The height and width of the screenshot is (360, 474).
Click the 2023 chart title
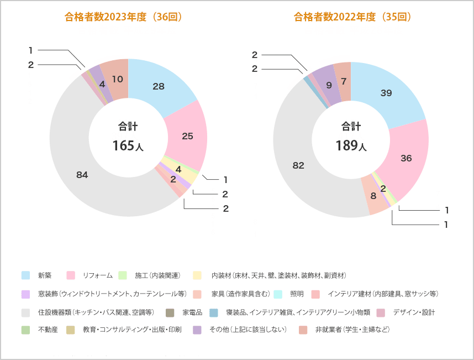pos(123,17)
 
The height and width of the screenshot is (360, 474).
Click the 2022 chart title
pos(352,17)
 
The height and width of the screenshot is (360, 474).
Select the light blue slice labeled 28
pos(159,86)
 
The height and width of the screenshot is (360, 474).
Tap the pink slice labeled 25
pos(187,136)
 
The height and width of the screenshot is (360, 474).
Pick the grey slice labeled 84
pos(82,175)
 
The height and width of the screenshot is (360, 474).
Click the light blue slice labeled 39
pos(386,93)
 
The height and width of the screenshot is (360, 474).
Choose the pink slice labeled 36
pos(407,158)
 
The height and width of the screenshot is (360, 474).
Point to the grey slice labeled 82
pos(298,165)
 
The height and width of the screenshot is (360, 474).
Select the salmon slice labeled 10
pos(117,79)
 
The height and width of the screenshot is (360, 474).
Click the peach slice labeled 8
pos(373,196)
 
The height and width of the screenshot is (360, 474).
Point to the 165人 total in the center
pos(128,145)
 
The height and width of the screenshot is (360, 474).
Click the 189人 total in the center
pos(351,145)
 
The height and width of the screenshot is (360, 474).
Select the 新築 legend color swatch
pos(26,275)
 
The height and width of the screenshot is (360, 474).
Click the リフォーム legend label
pos(97,275)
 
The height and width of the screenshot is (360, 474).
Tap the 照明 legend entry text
pos(297,294)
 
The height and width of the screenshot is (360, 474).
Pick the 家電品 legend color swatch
pos(170,312)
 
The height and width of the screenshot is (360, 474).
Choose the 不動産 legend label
pos(48,330)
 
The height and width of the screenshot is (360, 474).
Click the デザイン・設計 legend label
pos(414,312)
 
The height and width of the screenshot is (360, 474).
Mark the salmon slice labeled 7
pos(344,81)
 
